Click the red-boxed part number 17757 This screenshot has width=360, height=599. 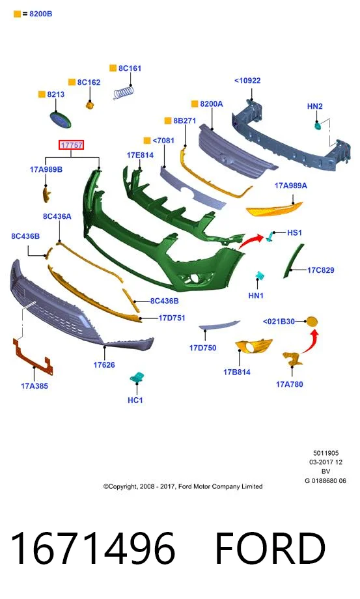click(x=72, y=145)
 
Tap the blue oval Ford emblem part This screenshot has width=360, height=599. click(x=61, y=120)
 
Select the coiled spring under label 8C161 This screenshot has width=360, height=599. click(x=124, y=92)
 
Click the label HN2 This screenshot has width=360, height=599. click(x=315, y=106)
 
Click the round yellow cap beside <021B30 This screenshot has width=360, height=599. click(x=312, y=322)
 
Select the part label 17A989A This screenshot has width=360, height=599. click(x=291, y=186)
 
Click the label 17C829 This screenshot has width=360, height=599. click(x=321, y=270)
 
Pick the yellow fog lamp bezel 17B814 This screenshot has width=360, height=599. click(x=253, y=346)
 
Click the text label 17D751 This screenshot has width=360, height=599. click(x=172, y=318)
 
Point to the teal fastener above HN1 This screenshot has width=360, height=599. click(x=260, y=276)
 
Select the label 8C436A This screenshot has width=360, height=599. click(x=57, y=216)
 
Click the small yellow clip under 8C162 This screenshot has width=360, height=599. click(x=90, y=105)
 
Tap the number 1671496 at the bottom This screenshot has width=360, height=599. click(x=93, y=549)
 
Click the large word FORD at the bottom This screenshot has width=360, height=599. click(x=270, y=549)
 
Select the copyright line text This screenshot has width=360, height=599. click(x=183, y=486)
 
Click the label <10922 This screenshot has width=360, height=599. click(x=247, y=81)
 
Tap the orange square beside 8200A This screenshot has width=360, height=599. click(x=195, y=104)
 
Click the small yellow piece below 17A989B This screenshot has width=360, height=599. click(x=46, y=194)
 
